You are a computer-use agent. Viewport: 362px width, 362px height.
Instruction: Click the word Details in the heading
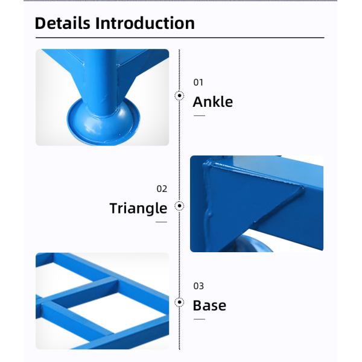[62, 23]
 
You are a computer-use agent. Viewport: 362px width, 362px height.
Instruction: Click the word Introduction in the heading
[145, 23]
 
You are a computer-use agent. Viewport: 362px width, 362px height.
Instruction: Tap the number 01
[198, 83]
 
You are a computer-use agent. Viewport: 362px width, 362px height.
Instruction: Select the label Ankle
[212, 102]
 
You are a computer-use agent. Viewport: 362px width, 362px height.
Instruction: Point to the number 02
[162, 189]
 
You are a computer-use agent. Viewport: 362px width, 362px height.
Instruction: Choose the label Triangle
[138, 209]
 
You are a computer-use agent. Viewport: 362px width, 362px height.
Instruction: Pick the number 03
[198, 286]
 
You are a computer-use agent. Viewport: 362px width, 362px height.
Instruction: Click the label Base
[209, 305]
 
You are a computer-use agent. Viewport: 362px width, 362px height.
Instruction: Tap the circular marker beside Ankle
[179, 95]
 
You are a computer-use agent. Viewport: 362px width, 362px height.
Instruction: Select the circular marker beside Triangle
[179, 206]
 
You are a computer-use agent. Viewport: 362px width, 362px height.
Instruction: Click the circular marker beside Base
[179, 302]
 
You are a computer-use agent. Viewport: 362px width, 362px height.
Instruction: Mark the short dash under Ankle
[200, 115]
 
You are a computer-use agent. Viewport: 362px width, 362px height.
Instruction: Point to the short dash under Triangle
[161, 222]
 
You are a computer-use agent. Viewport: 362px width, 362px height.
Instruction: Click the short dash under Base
[200, 319]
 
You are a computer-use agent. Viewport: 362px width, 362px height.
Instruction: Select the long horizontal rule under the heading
[180, 37]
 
